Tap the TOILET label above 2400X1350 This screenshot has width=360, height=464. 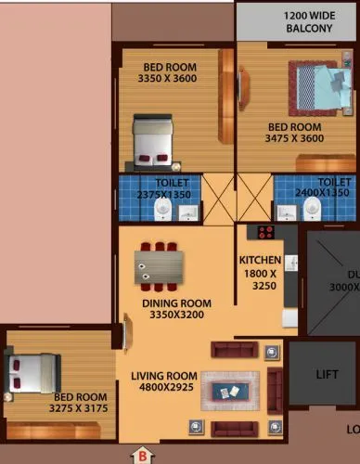point(333,182)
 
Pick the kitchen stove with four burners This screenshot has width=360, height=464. point(266,232)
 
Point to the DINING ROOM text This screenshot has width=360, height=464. point(175,303)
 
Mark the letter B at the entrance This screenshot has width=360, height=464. point(142,456)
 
